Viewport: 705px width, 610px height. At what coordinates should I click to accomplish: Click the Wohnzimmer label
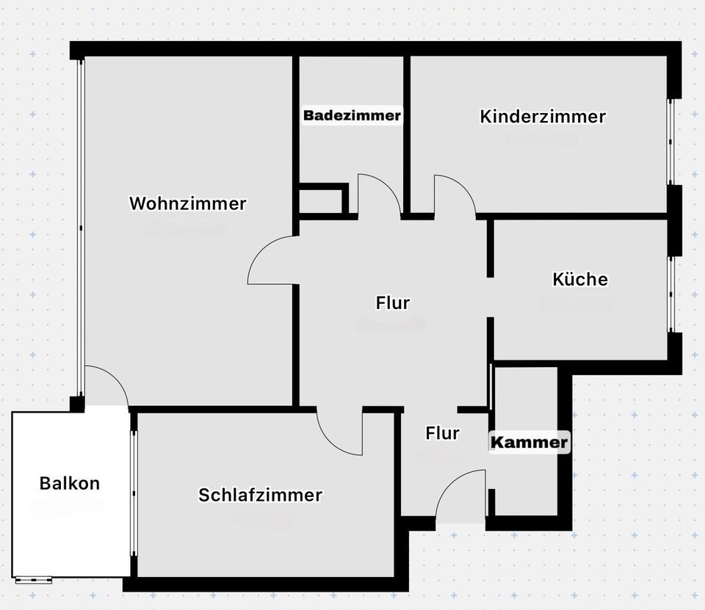(187, 203)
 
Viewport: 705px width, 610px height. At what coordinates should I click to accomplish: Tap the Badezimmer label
(352, 115)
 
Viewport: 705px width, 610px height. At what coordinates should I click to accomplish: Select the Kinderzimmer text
(543, 116)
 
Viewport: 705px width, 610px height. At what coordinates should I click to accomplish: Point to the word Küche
(579, 279)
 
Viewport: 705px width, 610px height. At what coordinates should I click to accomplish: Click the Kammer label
(529, 442)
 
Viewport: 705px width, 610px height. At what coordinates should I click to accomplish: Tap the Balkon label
(69, 483)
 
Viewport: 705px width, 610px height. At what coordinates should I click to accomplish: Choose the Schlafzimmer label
(260, 495)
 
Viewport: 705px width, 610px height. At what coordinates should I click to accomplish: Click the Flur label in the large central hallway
(392, 302)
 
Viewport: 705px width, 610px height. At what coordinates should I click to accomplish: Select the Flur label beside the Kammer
(442, 433)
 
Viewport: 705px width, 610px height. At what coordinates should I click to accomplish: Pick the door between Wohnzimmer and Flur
(272, 261)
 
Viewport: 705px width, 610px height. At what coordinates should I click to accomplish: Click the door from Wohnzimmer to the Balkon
(106, 386)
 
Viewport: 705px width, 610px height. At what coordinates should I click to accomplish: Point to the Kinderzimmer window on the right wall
(670, 141)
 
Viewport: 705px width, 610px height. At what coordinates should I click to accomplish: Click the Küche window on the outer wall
(670, 294)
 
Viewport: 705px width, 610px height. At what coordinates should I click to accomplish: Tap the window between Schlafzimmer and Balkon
(134, 493)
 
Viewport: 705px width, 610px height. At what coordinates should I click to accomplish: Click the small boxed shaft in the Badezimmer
(322, 200)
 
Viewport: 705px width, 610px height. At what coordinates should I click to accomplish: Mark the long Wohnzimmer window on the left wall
(81, 228)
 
